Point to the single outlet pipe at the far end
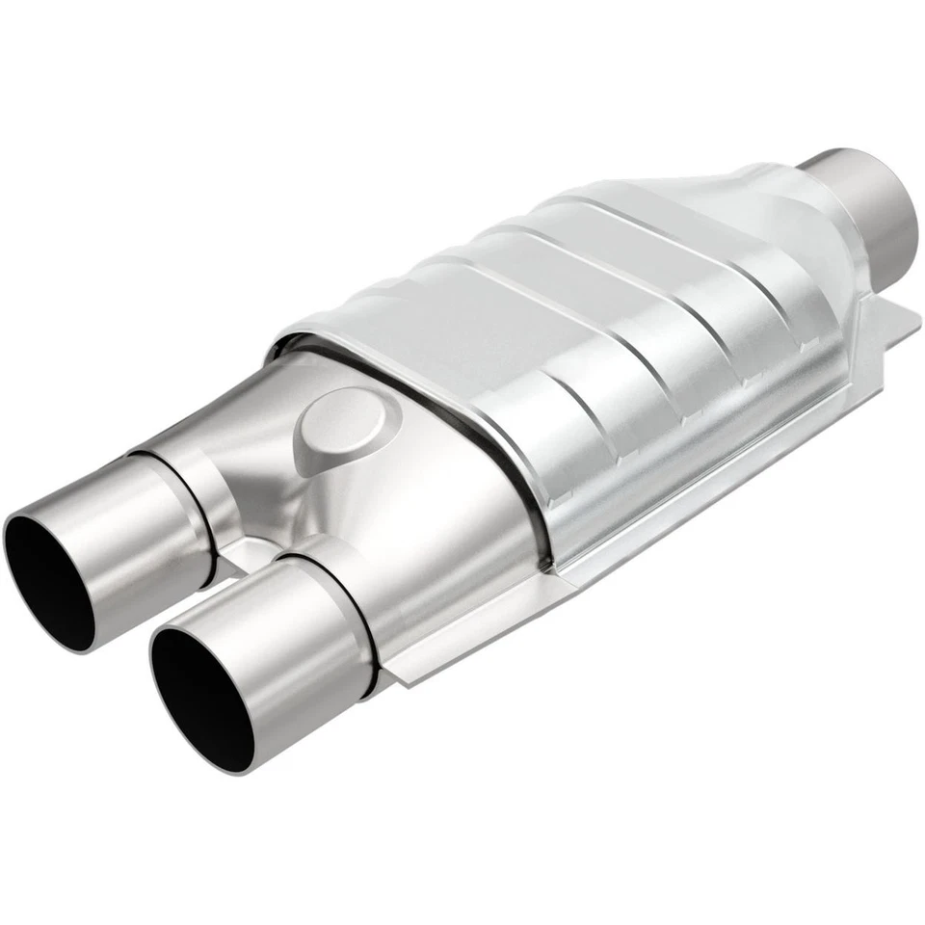click(x=862, y=198)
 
